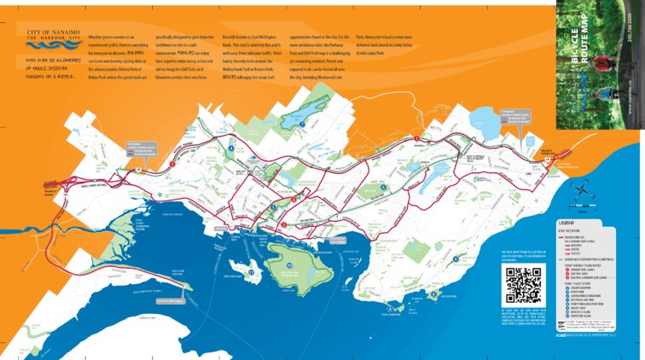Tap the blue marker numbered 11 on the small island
click(x=251, y=272)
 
